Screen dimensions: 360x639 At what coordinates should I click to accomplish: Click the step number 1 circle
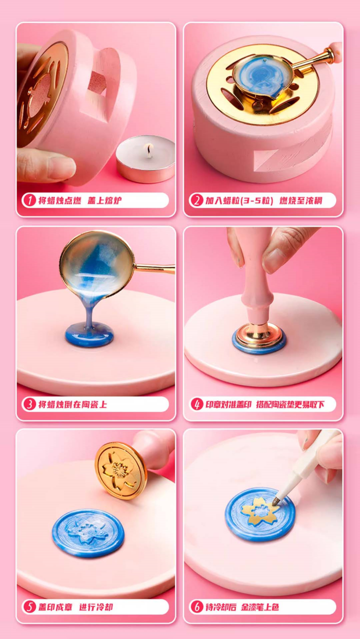29,200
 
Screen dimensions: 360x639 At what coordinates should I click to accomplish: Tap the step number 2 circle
196,200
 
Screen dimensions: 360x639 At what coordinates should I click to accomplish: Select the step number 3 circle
29,404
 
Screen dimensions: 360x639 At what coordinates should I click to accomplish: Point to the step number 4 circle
196,404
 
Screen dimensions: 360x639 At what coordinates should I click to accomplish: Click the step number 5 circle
29,607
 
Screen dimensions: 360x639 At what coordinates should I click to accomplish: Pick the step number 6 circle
196,607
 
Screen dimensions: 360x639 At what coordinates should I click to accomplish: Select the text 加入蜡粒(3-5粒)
240,200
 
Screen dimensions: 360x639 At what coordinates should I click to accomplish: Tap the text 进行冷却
96,607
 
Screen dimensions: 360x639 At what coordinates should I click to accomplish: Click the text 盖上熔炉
104,200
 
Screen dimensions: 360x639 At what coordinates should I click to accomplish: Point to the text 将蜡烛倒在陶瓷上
73,405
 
